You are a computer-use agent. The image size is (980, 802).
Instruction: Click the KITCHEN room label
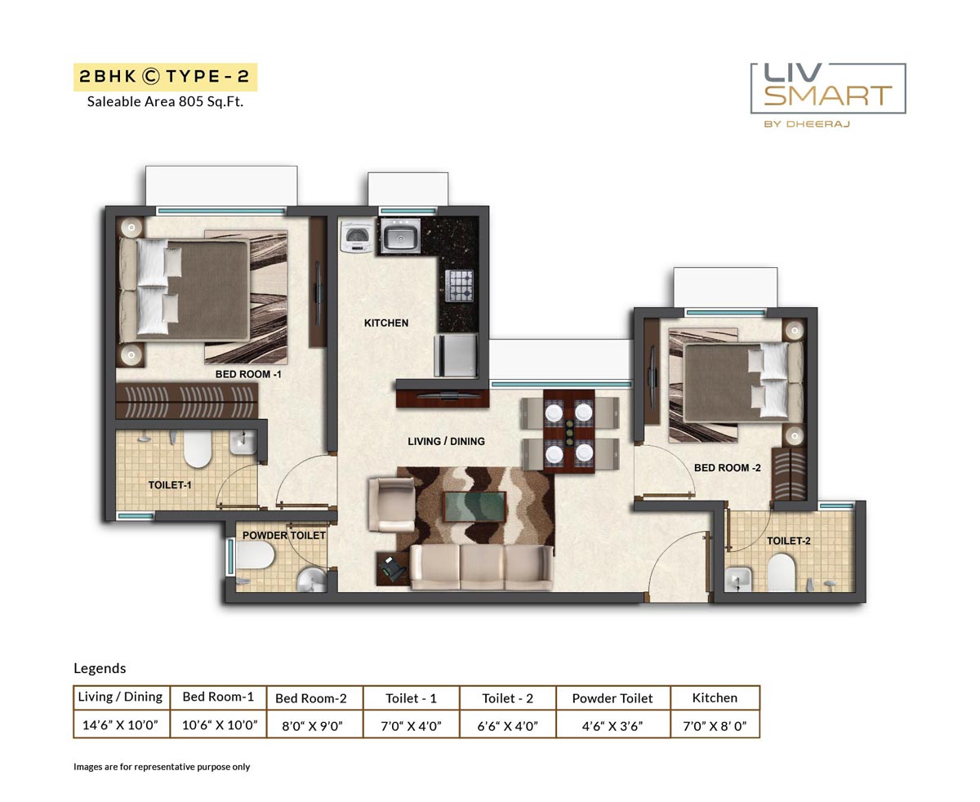386,323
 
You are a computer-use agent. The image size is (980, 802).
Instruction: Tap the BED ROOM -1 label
248,374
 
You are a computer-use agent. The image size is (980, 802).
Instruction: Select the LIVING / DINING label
446,442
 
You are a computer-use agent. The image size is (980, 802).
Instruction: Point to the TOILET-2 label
788,541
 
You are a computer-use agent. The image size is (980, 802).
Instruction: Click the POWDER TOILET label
283,536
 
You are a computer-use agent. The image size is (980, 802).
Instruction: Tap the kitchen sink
399,238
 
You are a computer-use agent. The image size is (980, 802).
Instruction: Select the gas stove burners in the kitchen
459,287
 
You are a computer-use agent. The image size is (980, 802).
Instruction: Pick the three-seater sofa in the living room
481,567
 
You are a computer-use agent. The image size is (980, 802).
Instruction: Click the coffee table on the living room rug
474,506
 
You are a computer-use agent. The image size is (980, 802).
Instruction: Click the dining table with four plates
569,432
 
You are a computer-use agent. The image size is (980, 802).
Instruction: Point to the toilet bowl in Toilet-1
197,450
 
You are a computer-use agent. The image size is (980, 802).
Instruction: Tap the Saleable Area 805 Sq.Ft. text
165,102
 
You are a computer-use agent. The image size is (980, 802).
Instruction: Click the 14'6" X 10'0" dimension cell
120,724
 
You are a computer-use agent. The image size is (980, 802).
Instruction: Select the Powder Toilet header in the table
612,698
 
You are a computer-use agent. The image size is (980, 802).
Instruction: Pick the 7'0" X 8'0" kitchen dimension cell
715,724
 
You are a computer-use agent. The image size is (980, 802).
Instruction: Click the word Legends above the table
100,668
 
